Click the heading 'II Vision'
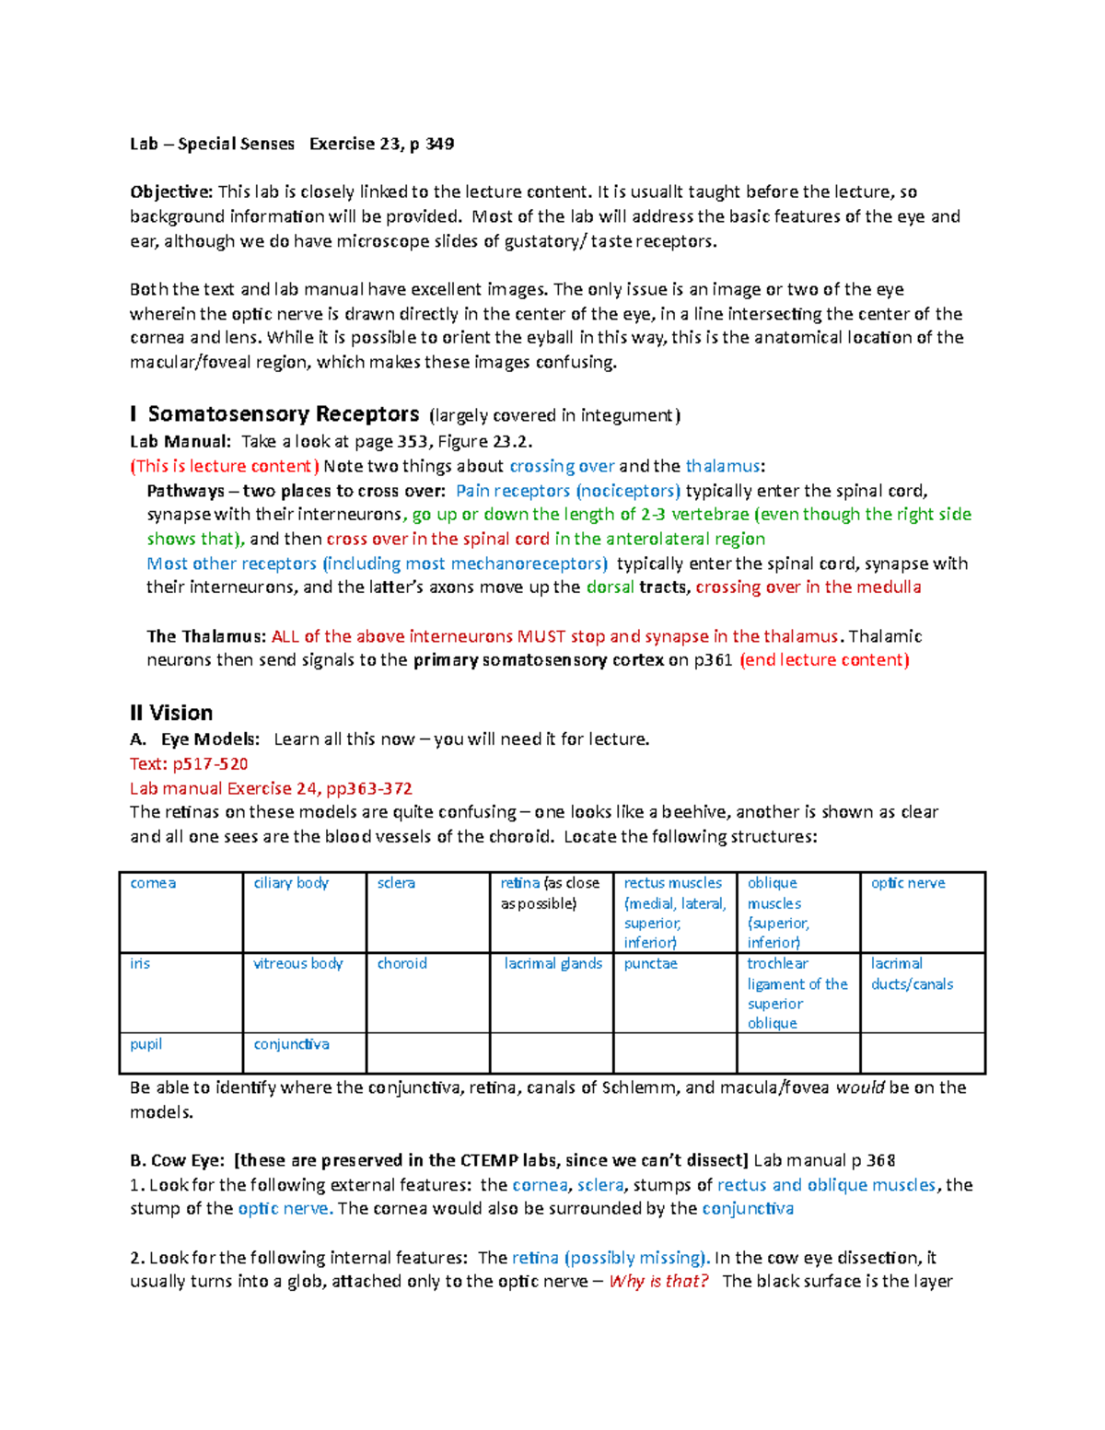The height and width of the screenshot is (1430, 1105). [x=171, y=713]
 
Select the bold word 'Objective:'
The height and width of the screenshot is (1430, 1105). [x=171, y=192]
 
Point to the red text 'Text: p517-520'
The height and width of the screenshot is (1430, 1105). [x=189, y=764]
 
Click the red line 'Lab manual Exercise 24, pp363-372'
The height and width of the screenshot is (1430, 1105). [x=271, y=788]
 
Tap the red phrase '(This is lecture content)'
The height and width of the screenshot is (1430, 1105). [x=225, y=466]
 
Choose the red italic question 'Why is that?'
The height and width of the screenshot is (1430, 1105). [x=658, y=1282]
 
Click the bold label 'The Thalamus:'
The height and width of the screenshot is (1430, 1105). [x=206, y=636]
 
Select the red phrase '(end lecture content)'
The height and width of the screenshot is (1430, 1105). [x=824, y=660]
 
